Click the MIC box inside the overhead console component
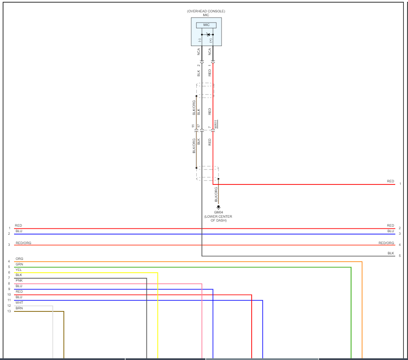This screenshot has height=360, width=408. point(206,25)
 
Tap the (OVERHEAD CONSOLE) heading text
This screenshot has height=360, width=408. point(206,11)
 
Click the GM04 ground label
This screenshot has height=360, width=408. point(218,212)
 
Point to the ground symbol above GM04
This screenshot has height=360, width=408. point(218,207)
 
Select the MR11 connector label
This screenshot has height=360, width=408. point(216,124)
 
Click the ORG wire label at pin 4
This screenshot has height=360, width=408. point(19,259)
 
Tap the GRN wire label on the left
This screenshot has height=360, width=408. point(19,265)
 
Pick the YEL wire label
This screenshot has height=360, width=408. point(18,270)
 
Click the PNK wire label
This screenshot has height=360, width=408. point(19,281)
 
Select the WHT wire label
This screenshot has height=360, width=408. point(19,302)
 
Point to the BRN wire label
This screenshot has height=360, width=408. point(19,308)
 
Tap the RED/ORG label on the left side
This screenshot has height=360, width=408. point(23,243)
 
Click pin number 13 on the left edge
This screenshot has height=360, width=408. point(9,311)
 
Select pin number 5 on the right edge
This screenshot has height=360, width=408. point(399,256)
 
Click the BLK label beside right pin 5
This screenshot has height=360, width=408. point(391,253)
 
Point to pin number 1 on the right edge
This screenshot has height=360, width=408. point(399,184)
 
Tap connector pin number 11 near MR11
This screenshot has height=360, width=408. point(193,126)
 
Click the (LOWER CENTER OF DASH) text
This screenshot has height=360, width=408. point(218,219)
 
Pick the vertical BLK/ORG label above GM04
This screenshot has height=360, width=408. point(216,194)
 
